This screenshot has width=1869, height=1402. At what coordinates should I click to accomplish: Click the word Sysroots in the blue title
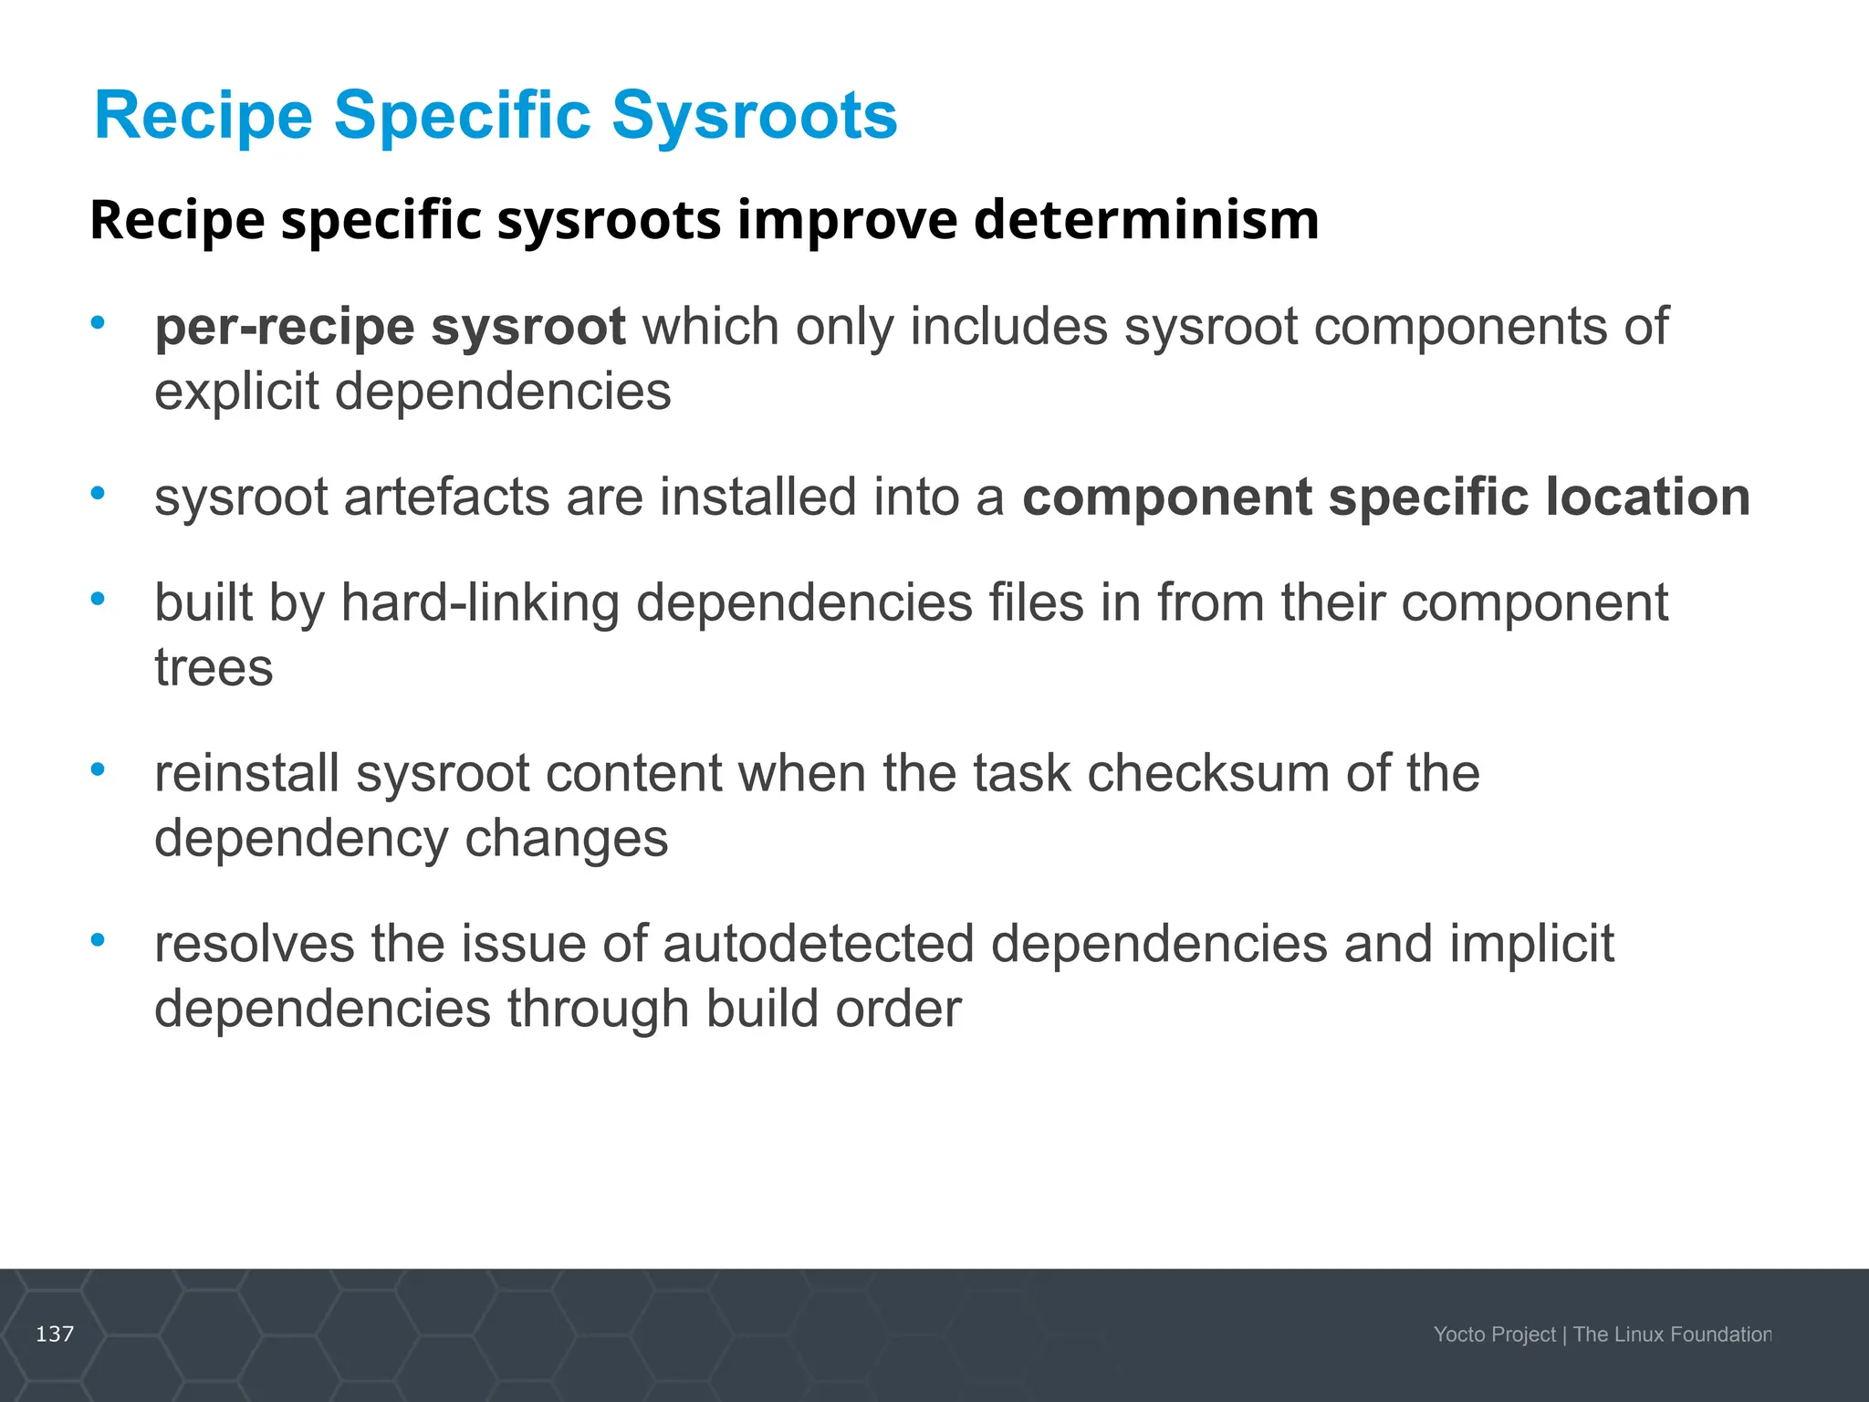tap(754, 117)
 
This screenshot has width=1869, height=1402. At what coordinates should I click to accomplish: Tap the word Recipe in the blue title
tap(204, 117)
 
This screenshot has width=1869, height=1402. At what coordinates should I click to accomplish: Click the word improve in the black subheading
tap(848, 220)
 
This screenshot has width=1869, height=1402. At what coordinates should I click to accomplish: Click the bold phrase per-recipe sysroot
tap(390, 327)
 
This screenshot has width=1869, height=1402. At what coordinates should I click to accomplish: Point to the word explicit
tap(235, 392)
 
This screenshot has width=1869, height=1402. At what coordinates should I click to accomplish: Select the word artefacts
tap(447, 497)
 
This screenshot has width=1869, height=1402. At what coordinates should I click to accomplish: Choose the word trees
tap(214, 668)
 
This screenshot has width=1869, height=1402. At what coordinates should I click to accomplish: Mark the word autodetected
tap(819, 944)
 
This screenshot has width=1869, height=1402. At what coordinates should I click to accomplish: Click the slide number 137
tap(55, 1334)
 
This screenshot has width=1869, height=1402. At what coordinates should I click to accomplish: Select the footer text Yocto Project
tap(1494, 1334)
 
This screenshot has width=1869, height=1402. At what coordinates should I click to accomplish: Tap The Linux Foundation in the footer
tap(1672, 1334)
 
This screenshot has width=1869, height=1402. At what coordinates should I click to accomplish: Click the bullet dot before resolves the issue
tap(98, 939)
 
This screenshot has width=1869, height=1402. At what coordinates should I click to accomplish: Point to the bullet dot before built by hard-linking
tap(98, 599)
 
